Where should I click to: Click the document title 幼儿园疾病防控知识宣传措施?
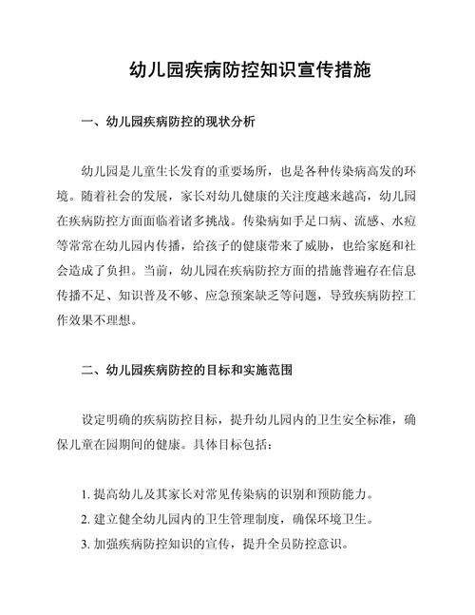237,70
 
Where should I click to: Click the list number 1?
85,496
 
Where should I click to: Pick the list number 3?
85,546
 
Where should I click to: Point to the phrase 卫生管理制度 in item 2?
233,521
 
